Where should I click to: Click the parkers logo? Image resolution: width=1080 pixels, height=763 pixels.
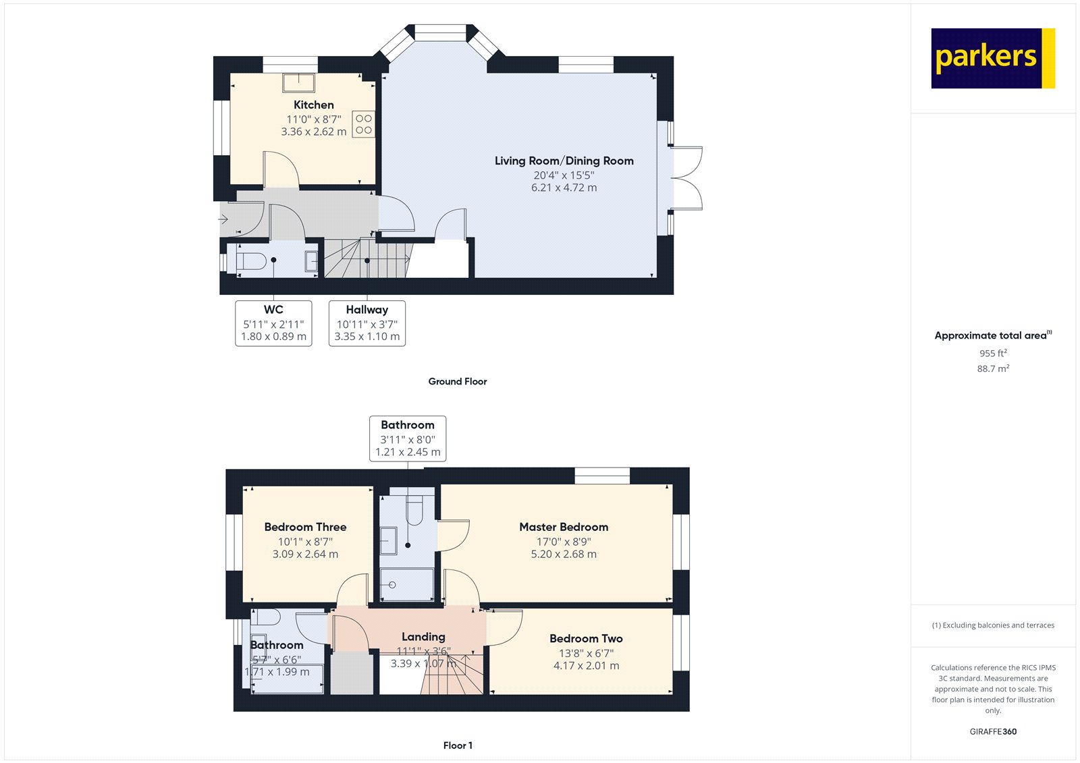point(992,58)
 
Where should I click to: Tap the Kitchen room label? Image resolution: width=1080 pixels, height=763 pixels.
point(313,105)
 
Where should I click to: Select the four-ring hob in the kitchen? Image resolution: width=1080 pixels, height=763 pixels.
point(364,124)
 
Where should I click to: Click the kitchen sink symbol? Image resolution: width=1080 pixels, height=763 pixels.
point(298,82)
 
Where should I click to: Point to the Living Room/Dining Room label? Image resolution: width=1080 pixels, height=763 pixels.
point(564,161)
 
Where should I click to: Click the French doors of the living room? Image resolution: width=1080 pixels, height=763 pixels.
point(687,178)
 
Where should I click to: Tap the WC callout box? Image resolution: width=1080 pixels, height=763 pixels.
point(273,323)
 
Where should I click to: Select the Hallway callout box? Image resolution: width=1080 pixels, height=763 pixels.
point(367,323)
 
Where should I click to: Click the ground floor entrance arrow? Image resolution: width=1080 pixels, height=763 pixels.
point(224,219)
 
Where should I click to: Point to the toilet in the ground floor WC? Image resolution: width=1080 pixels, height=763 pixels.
point(251,261)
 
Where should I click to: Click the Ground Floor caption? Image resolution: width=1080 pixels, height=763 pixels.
point(457,381)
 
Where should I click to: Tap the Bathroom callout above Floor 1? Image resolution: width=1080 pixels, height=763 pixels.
point(407,439)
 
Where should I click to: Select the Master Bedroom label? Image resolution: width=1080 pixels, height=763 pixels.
point(564,527)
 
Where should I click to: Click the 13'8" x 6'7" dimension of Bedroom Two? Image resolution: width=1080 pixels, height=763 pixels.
point(586,652)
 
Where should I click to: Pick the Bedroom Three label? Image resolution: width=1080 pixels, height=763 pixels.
point(305,527)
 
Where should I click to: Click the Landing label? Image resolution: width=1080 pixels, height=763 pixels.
point(423,636)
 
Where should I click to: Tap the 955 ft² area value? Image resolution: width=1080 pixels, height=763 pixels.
point(993,353)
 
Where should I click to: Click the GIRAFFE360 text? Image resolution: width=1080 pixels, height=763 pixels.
point(993,731)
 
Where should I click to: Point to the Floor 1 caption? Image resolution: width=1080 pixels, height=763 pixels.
point(458,745)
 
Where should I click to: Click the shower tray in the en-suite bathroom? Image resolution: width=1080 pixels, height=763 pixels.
point(407,584)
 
